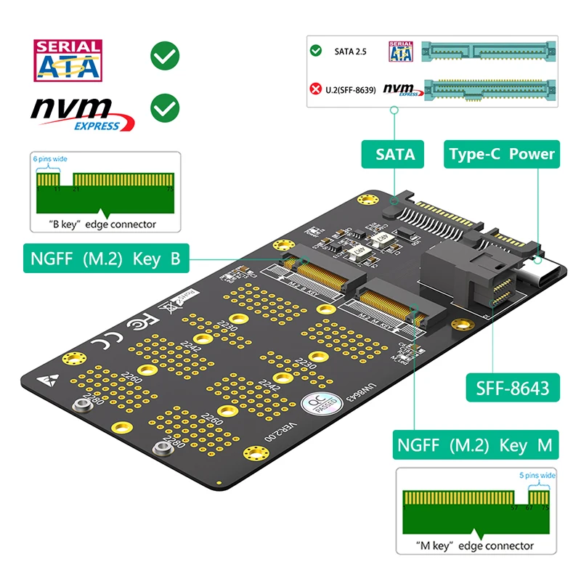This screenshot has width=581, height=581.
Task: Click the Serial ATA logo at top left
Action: [68, 60]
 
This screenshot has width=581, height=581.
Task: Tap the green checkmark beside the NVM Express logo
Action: [165, 108]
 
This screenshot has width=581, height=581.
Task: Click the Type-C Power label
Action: [501, 154]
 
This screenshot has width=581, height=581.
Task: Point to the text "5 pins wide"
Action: [537, 476]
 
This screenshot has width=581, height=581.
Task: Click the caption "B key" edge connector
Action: [102, 224]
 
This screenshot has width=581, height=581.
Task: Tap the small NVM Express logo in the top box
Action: [402, 89]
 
